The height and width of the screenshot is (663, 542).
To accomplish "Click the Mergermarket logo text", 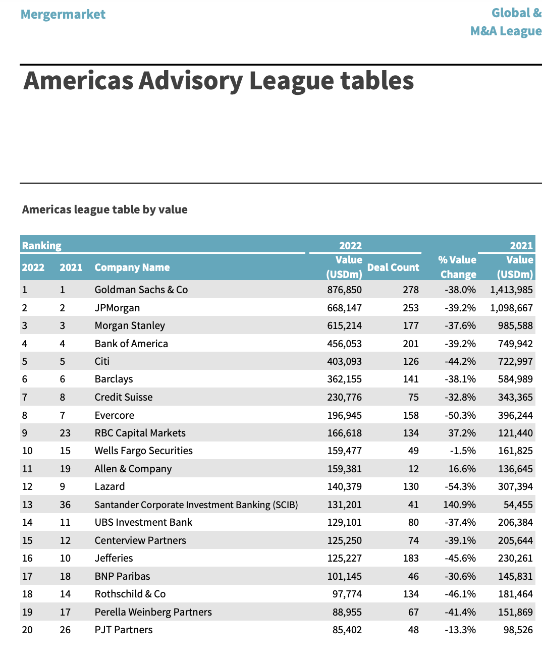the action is pos(63,15).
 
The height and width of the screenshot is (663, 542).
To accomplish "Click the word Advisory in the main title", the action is pos(191,82).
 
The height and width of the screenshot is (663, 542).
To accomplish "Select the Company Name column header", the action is pos(132,267).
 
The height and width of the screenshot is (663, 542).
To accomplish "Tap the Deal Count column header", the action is pos(393,267).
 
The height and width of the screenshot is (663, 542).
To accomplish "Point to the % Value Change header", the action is pos(457,267).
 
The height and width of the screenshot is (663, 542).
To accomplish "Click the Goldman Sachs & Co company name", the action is pos(141,290).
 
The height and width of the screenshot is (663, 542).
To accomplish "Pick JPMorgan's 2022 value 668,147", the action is pos(344,308).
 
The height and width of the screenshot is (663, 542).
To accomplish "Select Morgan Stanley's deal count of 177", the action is pos(411,325).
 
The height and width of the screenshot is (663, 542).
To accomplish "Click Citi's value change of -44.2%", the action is pos(460,361).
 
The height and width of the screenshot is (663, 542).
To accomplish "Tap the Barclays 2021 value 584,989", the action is pos(515,379).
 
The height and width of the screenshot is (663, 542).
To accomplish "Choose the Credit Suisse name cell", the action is pos(124,397).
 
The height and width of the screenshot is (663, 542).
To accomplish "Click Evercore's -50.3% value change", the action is pos(460,415).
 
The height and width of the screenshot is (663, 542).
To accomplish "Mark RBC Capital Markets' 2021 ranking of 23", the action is pos(65,433).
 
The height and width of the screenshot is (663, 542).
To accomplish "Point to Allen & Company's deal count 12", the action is pos(413,469).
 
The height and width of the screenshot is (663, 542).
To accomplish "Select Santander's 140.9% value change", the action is pos(459,505).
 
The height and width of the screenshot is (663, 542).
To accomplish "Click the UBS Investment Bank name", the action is pos(143,522).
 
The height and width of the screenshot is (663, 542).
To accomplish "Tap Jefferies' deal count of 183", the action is pos(411,558).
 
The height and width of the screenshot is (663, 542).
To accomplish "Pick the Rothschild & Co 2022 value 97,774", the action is pos(347,594).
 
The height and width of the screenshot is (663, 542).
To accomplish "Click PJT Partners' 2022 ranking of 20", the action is pos(27,630).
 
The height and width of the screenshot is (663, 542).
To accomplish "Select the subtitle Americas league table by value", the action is pos(104,209).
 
